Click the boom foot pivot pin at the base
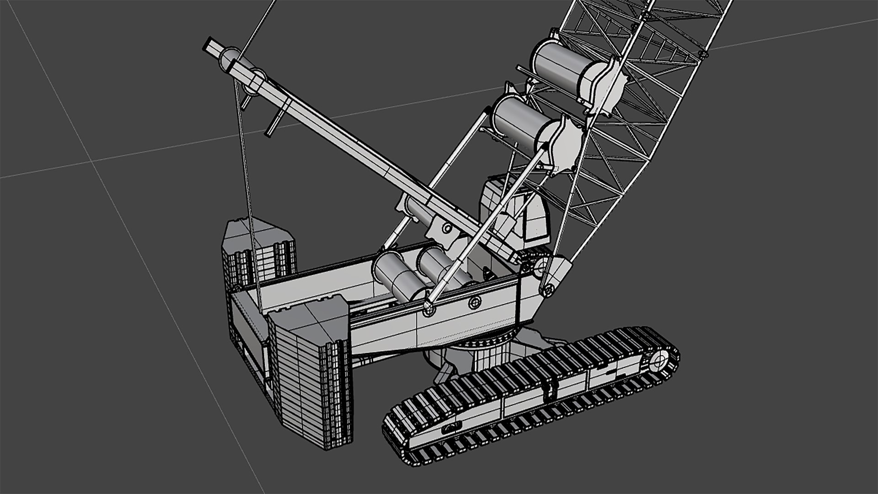(547, 289)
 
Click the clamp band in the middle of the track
(551, 387)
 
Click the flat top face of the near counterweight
(309, 316)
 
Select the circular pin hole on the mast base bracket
(446, 228)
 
